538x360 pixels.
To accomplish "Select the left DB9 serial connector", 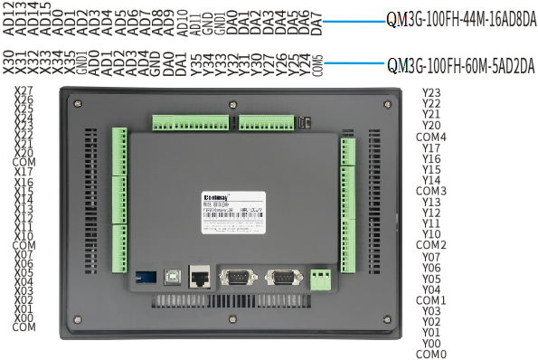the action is (237, 278).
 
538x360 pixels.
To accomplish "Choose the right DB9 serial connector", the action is (279, 278).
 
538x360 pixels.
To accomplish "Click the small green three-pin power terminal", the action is (320, 279).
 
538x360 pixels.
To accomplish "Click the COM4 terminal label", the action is (431, 137).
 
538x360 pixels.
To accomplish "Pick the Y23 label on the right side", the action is (431, 93).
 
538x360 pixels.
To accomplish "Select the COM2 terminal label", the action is (431, 245).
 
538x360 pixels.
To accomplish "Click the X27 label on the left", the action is (24, 91).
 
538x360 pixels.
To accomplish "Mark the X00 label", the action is (24, 317).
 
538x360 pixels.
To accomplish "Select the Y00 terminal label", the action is (431, 343).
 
